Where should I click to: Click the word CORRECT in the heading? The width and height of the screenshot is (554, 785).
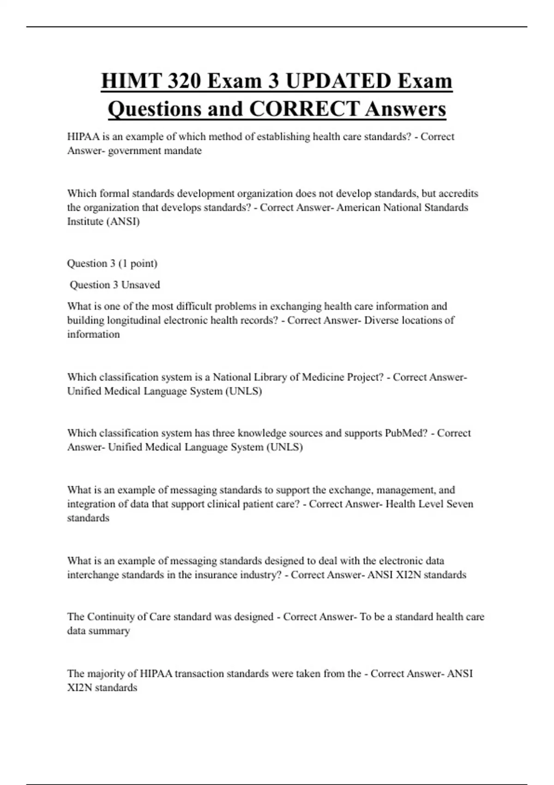304,109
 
